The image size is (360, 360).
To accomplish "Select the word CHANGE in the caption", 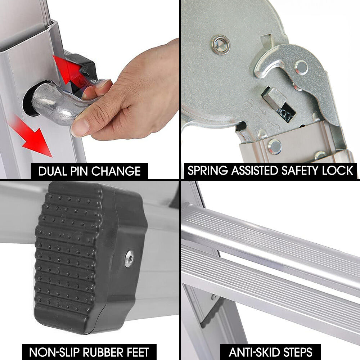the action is [x=116, y=171].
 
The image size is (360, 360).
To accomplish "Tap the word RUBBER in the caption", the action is [x=103, y=352].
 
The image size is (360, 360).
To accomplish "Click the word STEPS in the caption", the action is [x=297, y=352].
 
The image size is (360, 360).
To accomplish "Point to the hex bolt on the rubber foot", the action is [x=129, y=259].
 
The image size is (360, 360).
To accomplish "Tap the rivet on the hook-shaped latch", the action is [x=301, y=68].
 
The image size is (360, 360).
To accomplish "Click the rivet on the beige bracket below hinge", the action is [x=275, y=147].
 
